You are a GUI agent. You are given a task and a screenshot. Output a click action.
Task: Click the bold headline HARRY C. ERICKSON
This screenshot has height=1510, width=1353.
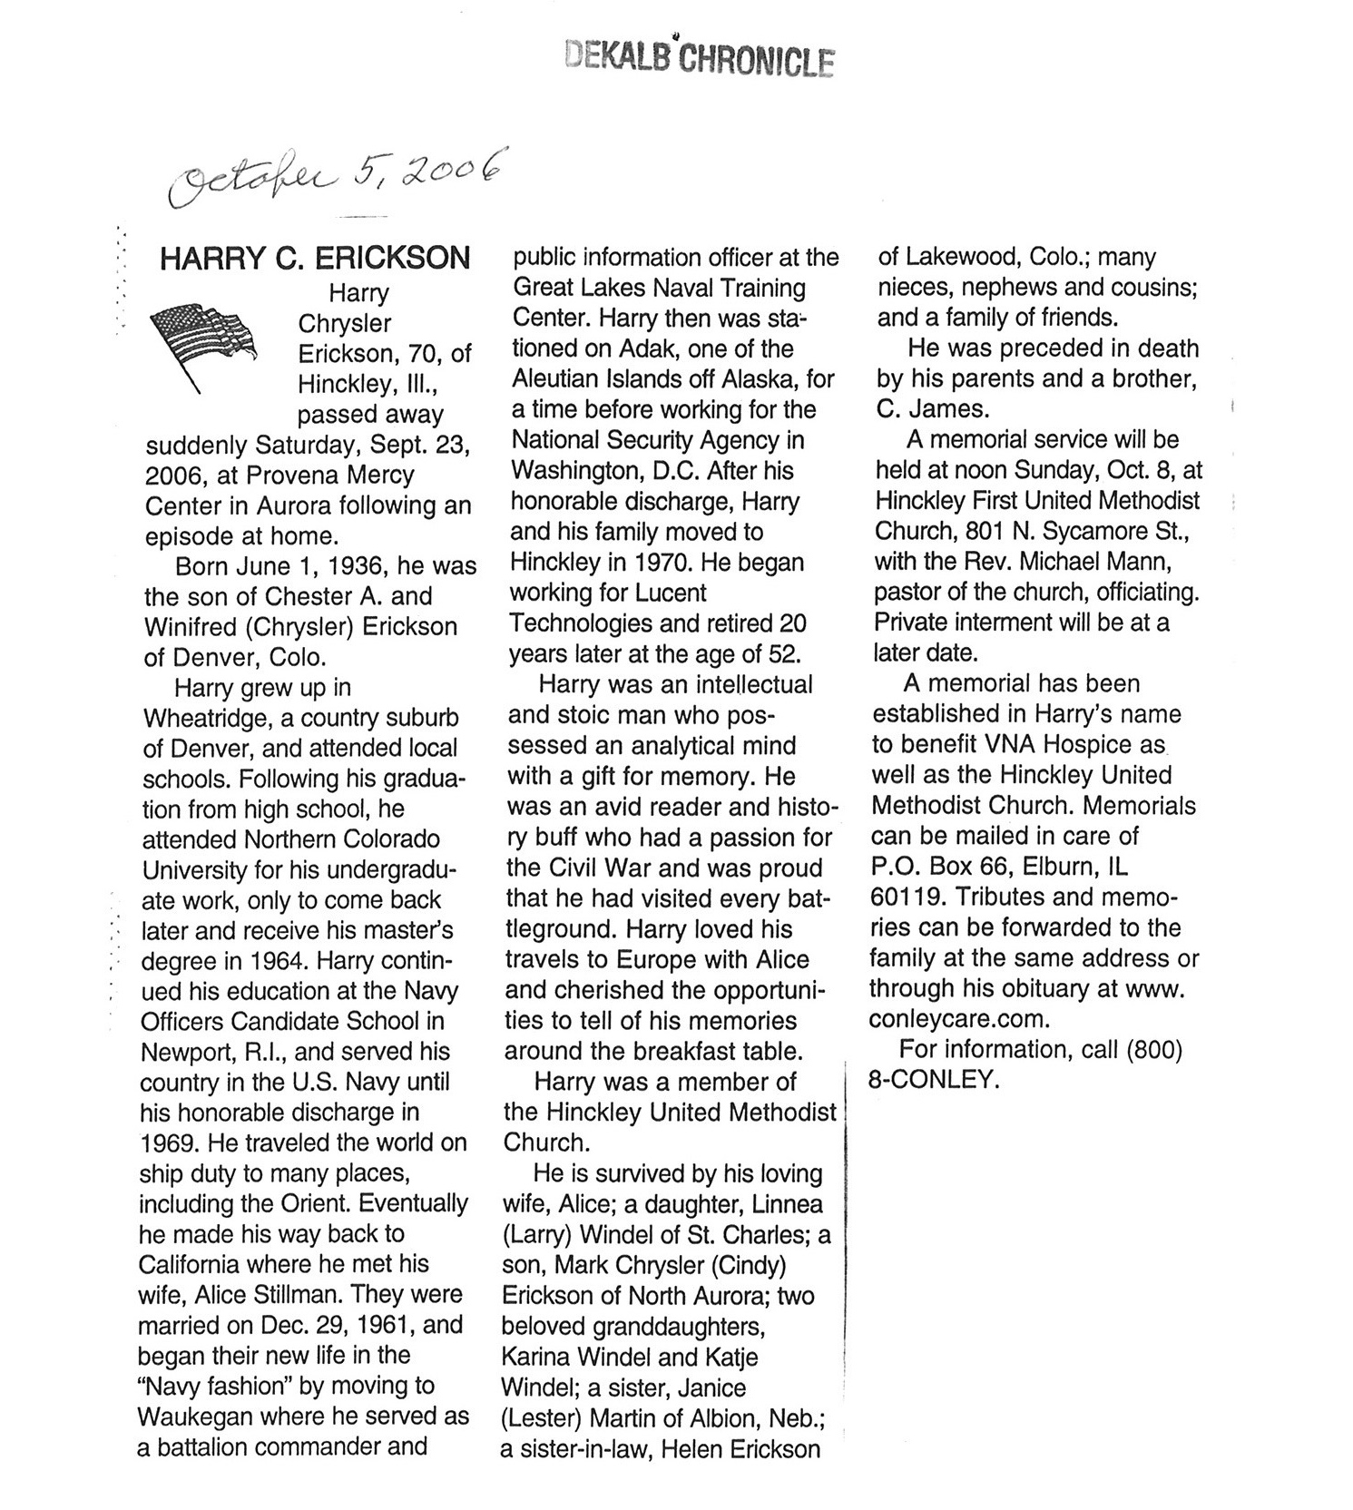click(x=315, y=259)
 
